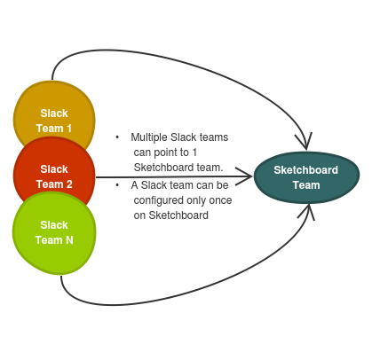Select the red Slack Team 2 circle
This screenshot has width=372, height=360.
tap(54, 170)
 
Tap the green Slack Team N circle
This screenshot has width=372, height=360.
tap(54, 233)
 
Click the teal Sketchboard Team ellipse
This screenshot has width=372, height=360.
tap(306, 177)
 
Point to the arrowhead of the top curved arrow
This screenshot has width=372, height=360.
tap(305, 142)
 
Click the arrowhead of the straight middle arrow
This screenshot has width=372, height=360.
tap(244, 176)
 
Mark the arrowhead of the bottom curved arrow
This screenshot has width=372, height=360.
tap(307, 211)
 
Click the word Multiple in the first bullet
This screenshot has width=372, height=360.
tap(149, 137)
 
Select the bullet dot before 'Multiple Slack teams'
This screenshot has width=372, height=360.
tap(117, 137)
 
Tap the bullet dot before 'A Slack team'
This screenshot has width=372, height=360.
tap(117, 185)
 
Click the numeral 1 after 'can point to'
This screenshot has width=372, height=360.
tap(194, 153)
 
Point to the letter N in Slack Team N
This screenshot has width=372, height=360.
tap(69, 240)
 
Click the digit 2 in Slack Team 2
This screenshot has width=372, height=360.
tap(69, 184)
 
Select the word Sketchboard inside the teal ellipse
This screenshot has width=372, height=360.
tap(306, 170)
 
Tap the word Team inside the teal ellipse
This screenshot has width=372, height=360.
tap(306, 185)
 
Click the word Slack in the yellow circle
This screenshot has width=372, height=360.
tap(54, 113)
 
